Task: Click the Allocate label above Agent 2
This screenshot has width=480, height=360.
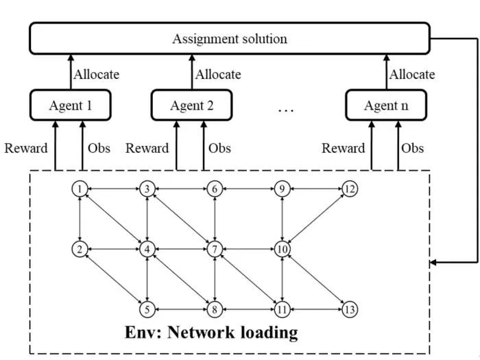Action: click(218, 74)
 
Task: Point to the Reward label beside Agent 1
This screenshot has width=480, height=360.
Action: click(26, 148)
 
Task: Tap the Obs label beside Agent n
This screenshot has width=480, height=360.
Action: click(412, 148)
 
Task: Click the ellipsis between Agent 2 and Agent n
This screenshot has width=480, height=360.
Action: click(286, 110)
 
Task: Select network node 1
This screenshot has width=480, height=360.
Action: click(80, 189)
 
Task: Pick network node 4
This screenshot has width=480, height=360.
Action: click(147, 249)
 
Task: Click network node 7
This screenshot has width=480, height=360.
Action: click(215, 249)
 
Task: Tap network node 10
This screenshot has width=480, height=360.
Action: click(282, 249)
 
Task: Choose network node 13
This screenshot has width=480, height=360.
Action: click(350, 309)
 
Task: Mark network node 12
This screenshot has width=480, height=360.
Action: click(350, 189)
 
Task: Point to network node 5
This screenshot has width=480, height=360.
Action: click(147, 309)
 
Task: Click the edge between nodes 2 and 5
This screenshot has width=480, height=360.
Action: click(114, 280)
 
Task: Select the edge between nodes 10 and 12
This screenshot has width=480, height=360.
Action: click(316, 219)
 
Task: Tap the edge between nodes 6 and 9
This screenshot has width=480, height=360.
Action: click(248, 189)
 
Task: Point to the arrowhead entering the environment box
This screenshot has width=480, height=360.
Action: click(433, 263)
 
